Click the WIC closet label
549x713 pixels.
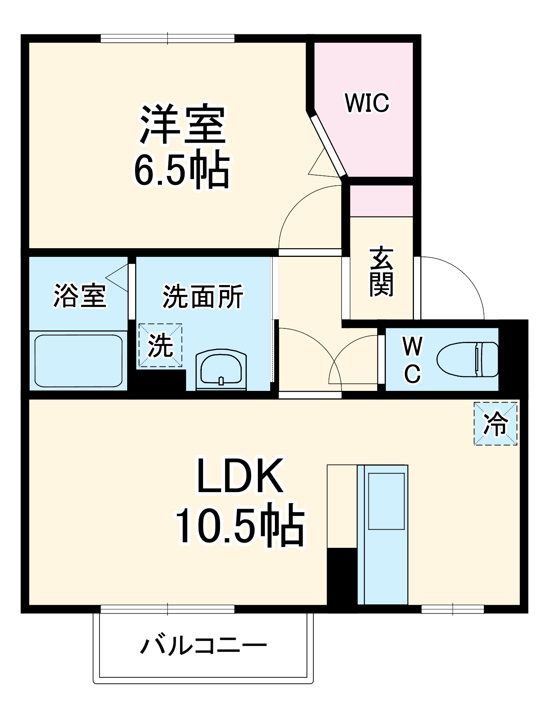coord(367,103)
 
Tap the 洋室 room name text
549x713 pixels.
coord(182,124)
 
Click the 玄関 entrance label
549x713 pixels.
coord(381,272)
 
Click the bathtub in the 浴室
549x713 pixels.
coord(78,361)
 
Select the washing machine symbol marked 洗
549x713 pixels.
coord(160,345)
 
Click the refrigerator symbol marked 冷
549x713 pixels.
coord(495,424)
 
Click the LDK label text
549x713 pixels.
coord(240,476)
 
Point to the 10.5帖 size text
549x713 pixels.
coord(240,526)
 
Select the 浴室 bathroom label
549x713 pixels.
coord(80,296)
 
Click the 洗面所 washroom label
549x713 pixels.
coord(203,296)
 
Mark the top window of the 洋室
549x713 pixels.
coord(167,39)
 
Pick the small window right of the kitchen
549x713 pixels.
coord(453,609)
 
